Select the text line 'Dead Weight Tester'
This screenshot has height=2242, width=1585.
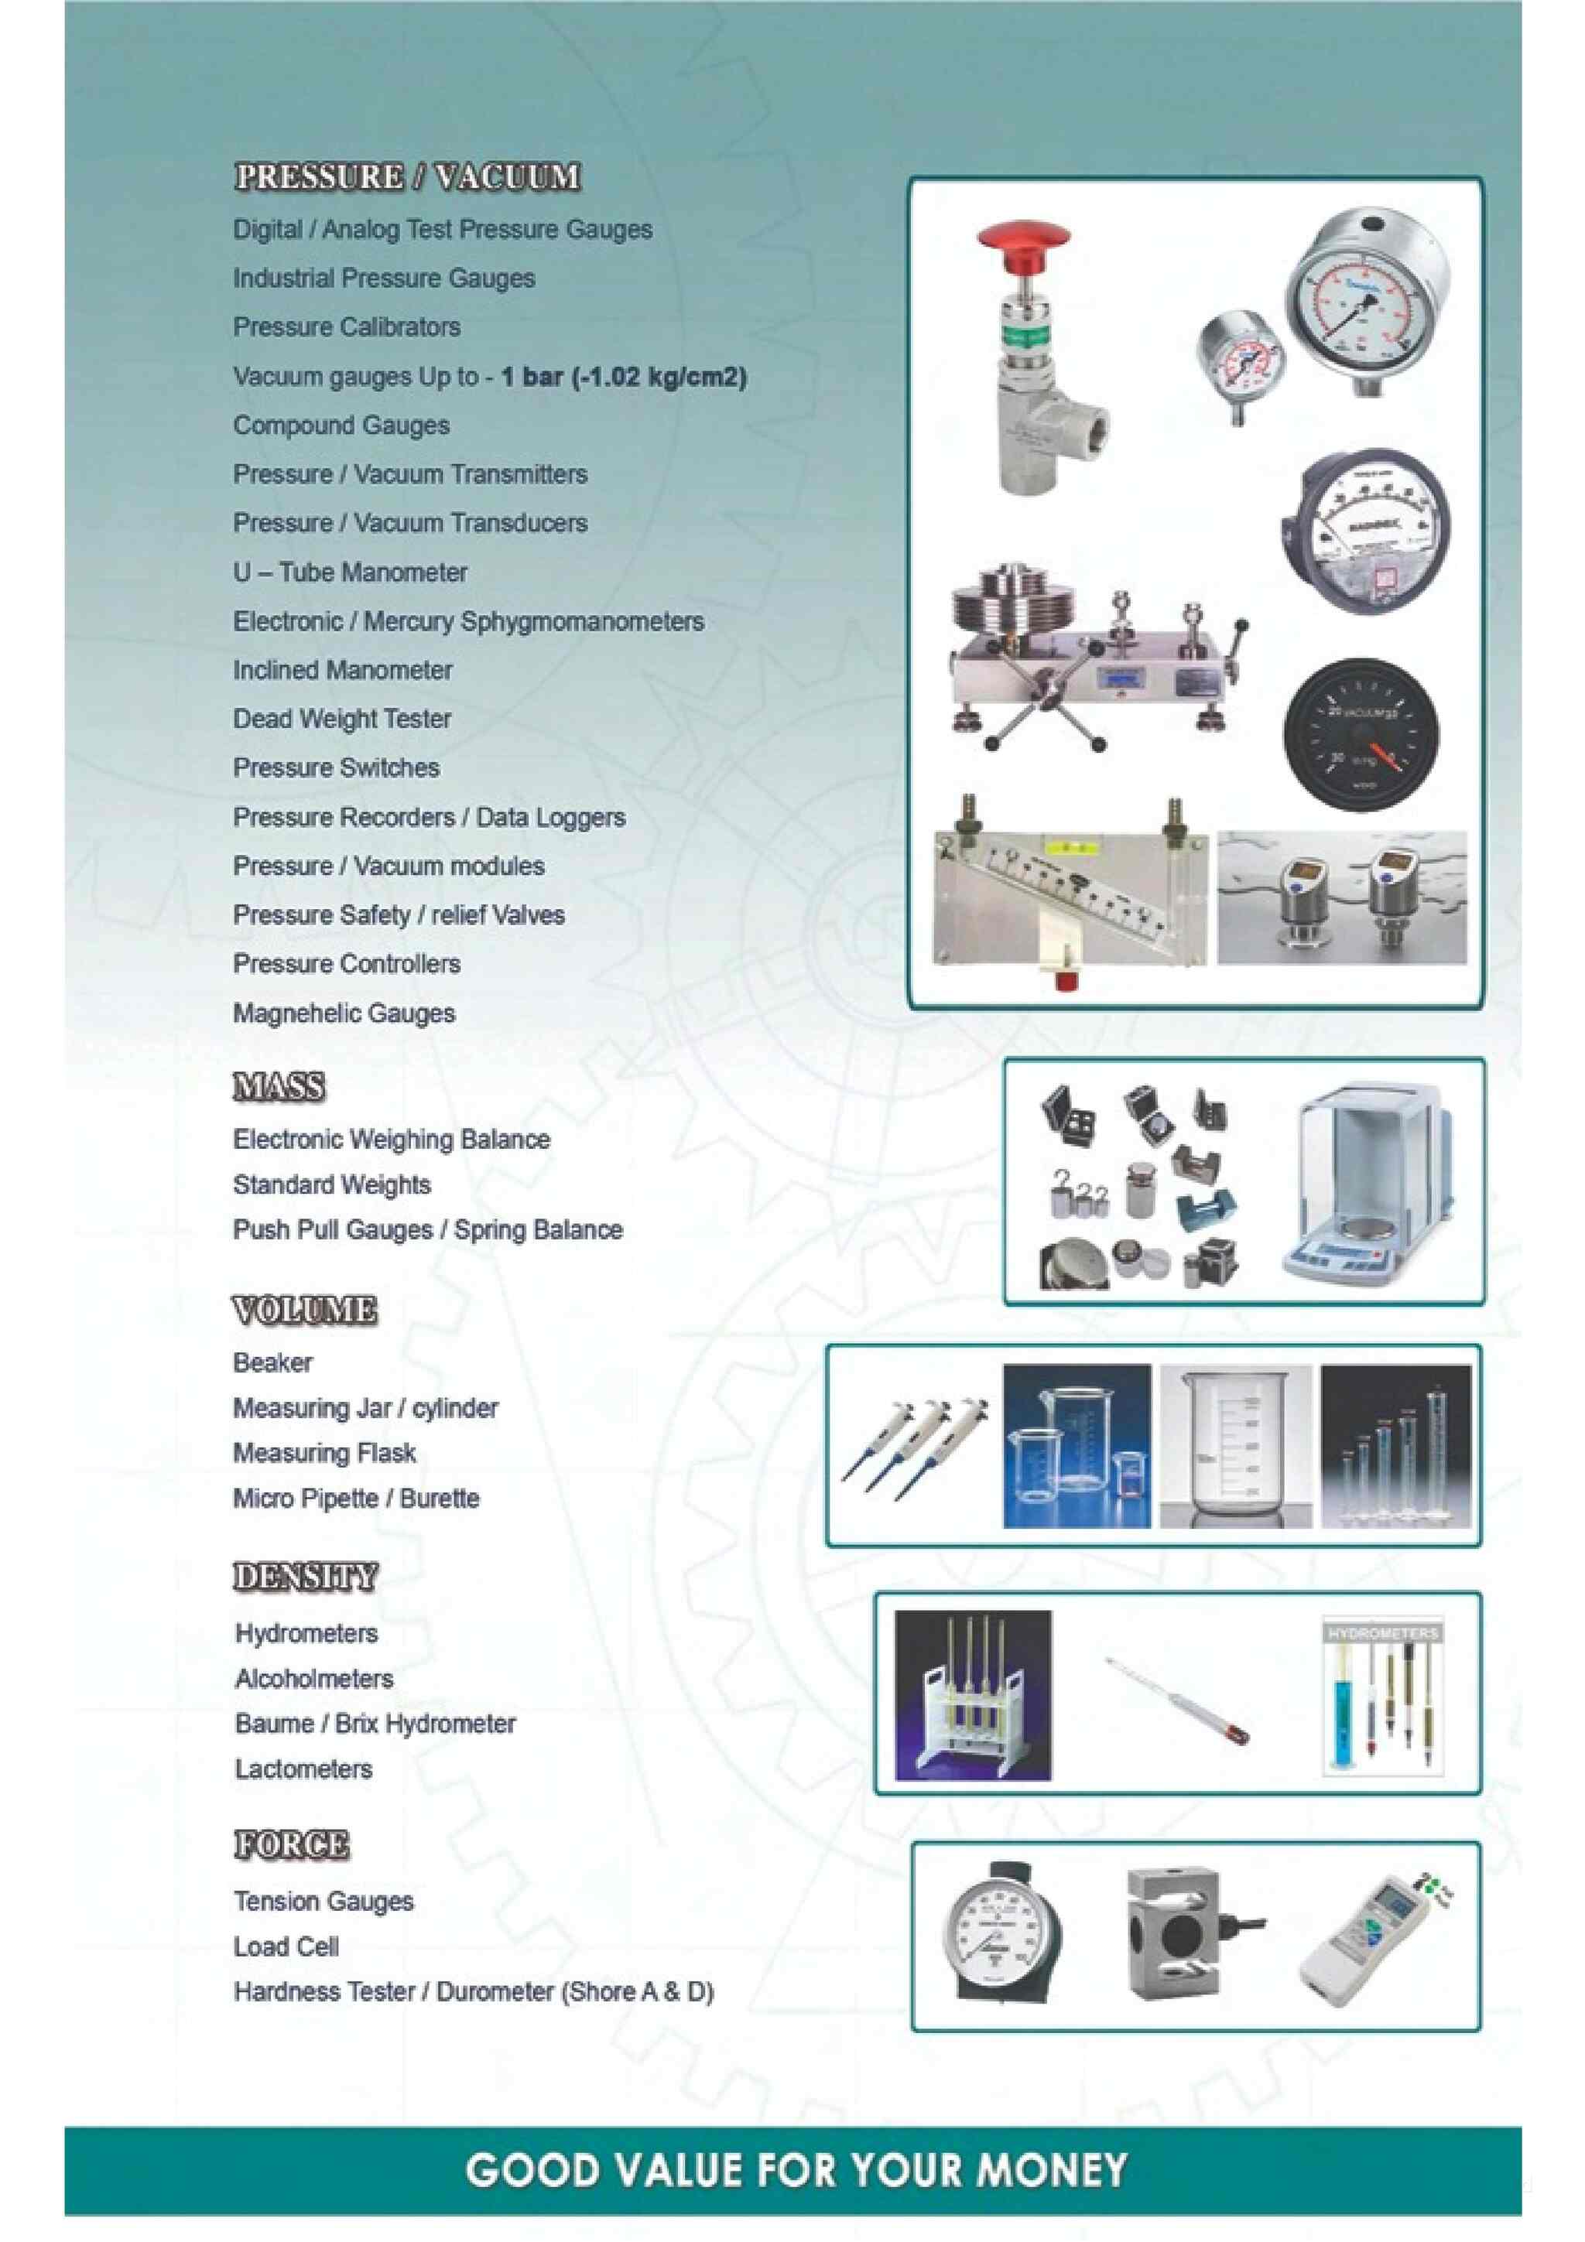(342, 719)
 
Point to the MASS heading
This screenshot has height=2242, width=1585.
(279, 1087)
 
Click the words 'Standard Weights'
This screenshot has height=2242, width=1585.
(332, 1184)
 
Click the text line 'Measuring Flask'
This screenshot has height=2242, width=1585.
(324, 1453)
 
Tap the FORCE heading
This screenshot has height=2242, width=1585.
(291, 1844)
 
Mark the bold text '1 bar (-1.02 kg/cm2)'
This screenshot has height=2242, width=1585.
(623, 377)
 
